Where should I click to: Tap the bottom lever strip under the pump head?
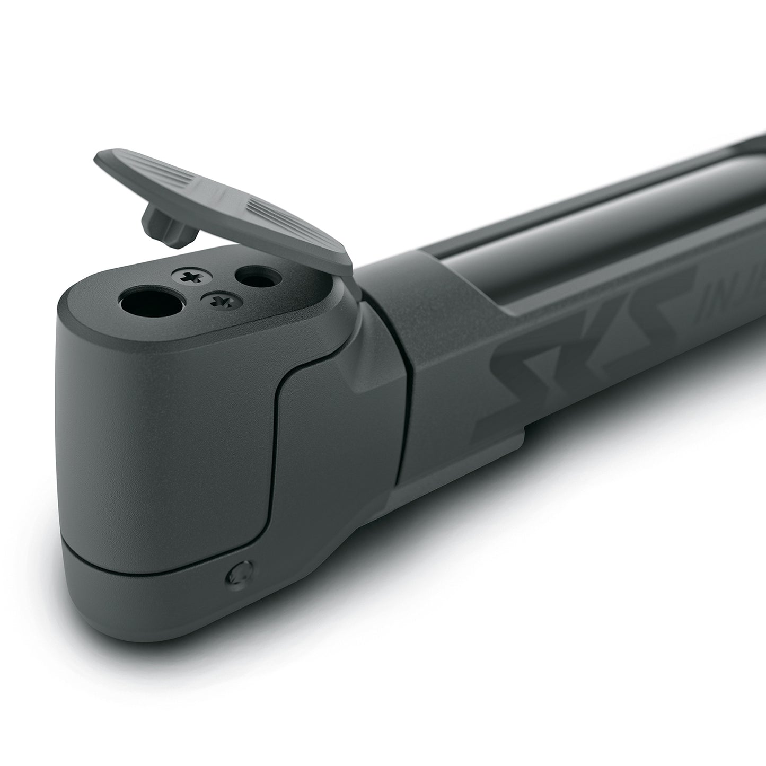159,599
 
